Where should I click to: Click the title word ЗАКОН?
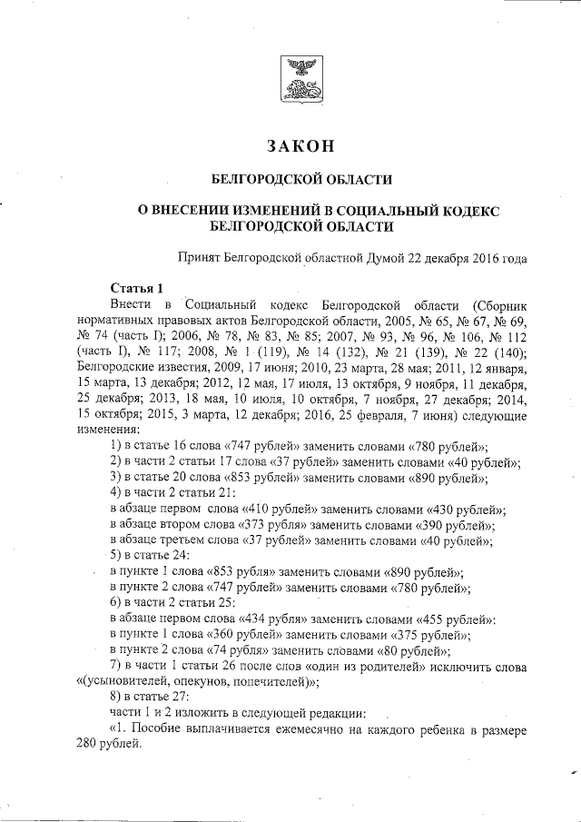[x=300, y=146]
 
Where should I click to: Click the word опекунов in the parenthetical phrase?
[x=192, y=683]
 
